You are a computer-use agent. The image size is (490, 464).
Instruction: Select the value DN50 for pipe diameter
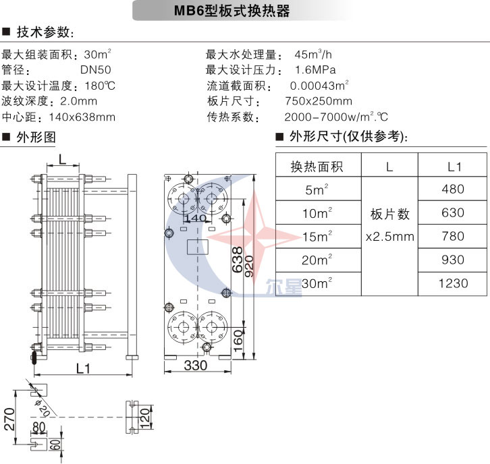pos(96,69)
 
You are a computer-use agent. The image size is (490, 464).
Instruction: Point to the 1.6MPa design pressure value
pos(315,69)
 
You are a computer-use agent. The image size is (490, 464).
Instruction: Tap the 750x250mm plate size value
pos(319,101)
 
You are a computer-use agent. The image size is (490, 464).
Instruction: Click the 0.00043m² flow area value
pos(319,86)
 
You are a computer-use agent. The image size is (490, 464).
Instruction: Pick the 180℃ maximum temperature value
pos(100,86)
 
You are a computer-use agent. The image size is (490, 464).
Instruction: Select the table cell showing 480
pos(452,190)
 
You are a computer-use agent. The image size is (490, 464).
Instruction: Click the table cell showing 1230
pos(452,283)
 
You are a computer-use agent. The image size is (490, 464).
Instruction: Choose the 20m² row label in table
pos(318,260)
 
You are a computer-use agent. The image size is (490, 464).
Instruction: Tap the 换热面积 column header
pos(317,167)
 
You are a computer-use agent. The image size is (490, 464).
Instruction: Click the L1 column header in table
pos(454,167)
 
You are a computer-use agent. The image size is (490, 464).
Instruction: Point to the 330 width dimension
pos(196,366)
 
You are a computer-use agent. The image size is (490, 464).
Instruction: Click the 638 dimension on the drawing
pos(237,258)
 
